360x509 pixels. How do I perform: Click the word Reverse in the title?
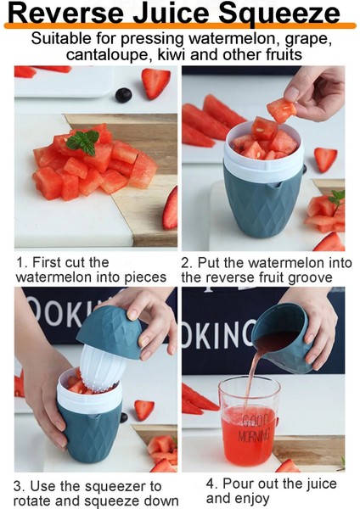(65, 14)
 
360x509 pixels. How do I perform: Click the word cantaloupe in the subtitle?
(110, 54)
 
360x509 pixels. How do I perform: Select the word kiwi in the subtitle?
(172, 54)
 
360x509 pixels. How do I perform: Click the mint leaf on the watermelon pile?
(84, 142)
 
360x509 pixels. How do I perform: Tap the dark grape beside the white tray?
(123, 95)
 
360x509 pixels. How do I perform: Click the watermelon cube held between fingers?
(281, 110)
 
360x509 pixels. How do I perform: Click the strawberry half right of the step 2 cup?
(325, 159)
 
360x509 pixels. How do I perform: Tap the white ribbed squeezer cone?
(101, 368)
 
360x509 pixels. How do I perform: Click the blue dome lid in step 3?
(110, 332)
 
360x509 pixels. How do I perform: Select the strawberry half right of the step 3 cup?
(144, 410)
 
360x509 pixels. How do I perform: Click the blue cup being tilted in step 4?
(282, 338)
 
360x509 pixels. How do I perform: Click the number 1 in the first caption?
(20, 262)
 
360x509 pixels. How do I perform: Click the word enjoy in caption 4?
(251, 499)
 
